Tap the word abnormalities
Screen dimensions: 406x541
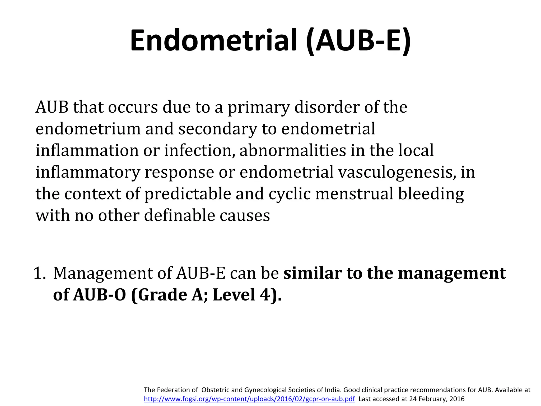tap(292, 151)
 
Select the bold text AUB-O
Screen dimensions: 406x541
tap(100, 295)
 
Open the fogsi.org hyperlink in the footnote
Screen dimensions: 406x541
tap(249, 399)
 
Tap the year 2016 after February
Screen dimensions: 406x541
tap(457, 399)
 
